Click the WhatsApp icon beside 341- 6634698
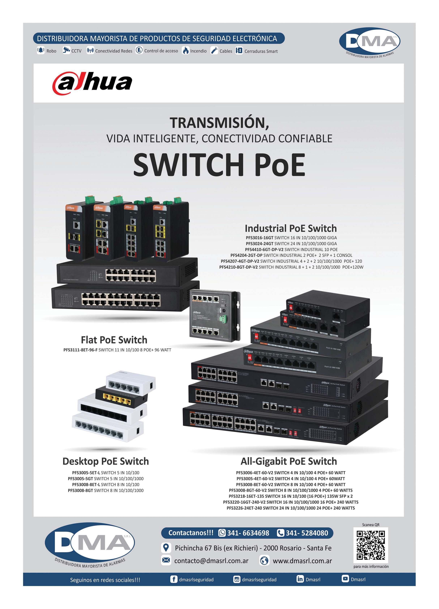tap(222, 533)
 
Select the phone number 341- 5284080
tap(307, 533)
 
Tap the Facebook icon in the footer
tap(174, 579)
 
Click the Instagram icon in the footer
tap(237, 579)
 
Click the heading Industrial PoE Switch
tap(291, 228)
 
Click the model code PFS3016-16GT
tap(260, 238)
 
